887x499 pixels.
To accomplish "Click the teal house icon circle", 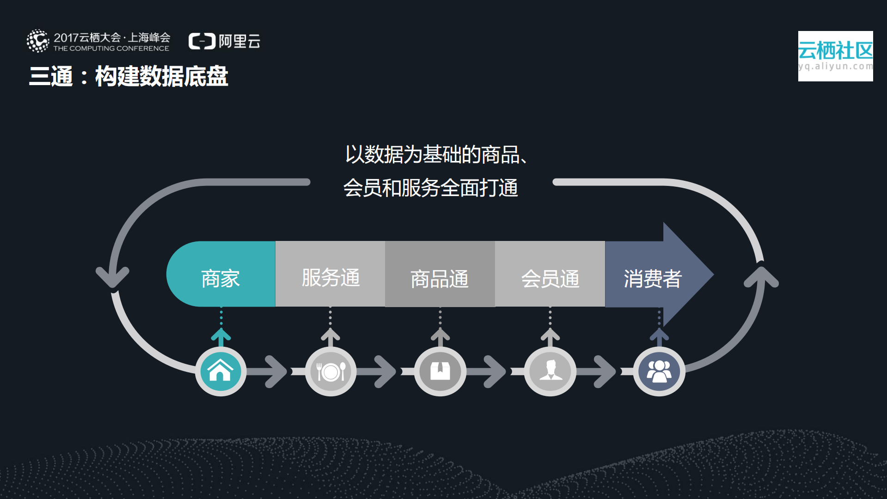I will [x=220, y=371].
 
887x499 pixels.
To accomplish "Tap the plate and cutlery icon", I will [x=330, y=371].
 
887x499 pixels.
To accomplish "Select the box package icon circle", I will [x=440, y=371].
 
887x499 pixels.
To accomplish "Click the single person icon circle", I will [x=550, y=371].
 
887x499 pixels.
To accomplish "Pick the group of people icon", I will [x=659, y=371].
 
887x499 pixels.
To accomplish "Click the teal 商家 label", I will [x=220, y=278].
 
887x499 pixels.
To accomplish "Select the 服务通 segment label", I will [x=330, y=277].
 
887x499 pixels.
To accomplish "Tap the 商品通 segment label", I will [x=440, y=279].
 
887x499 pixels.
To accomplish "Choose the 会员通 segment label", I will [x=550, y=279].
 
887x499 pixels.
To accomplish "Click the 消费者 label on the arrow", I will [x=652, y=278].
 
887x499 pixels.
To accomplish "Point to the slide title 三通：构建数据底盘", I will [x=128, y=76].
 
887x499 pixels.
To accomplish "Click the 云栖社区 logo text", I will [x=835, y=50].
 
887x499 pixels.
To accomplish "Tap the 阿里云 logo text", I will [x=239, y=41].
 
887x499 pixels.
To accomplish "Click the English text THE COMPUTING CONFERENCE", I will [x=111, y=49].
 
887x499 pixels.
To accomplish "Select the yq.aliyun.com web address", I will [x=835, y=66].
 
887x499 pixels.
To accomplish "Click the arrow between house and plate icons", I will [x=275, y=371].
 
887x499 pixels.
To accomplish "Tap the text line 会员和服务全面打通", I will [x=430, y=188].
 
